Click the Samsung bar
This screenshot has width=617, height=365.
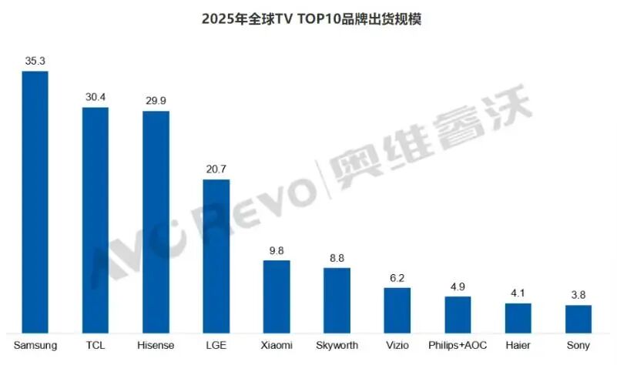(35, 201)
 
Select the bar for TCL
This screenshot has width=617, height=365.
(96, 219)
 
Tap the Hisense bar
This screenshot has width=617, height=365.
(156, 221)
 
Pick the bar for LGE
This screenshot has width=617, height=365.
(216, 255)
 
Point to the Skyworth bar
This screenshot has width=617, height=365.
(337, 300)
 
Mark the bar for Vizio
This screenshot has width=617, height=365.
(397, 310)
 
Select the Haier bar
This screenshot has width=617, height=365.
(518, 317)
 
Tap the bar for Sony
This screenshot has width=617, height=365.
(578, 318)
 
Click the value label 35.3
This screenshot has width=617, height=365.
(35, 59)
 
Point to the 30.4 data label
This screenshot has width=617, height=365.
(96, 96)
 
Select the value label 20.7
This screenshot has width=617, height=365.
(216, 169)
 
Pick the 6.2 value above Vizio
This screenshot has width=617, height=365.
(397, 277)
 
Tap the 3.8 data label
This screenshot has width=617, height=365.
(578, 294)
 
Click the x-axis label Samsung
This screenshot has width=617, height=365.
(35, 345)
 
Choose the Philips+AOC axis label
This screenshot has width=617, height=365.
(458, 345)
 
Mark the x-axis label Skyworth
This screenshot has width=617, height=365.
(337, 345)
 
